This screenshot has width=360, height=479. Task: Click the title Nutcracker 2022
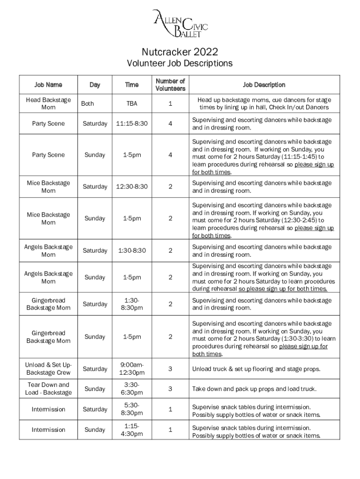click(x=180, y=51)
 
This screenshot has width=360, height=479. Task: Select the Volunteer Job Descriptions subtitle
click(x=180, y=63)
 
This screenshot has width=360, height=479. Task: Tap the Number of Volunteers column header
click(x=170, y=85)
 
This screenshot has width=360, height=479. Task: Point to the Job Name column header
click(x=48, y=85)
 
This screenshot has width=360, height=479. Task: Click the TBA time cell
click(x=131, y=104)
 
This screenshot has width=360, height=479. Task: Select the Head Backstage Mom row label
click(x=48, y=104)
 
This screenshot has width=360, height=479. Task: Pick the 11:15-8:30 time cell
click(x=131, y=124)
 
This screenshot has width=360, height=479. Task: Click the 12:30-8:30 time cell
click(x=131, y=187)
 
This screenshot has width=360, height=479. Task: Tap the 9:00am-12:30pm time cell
click(x=131, y=369)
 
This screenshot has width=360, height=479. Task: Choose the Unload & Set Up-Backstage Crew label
click(x=48, y=369)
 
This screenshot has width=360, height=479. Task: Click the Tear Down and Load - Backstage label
click(x=48, y=389)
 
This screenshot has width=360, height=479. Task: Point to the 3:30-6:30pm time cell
click(x=131, y=389)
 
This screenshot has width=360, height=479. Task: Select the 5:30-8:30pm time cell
click(x=131, y=409)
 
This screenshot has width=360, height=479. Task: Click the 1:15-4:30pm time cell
click(x=131, y=430)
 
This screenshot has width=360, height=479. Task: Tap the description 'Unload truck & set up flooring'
click(x=256, y=369)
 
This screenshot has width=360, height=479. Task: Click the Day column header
click(x=94, y=85)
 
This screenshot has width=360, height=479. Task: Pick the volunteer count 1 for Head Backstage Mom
click(x=170, y=104)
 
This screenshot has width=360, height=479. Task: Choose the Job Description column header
click(x=264, y=85)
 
